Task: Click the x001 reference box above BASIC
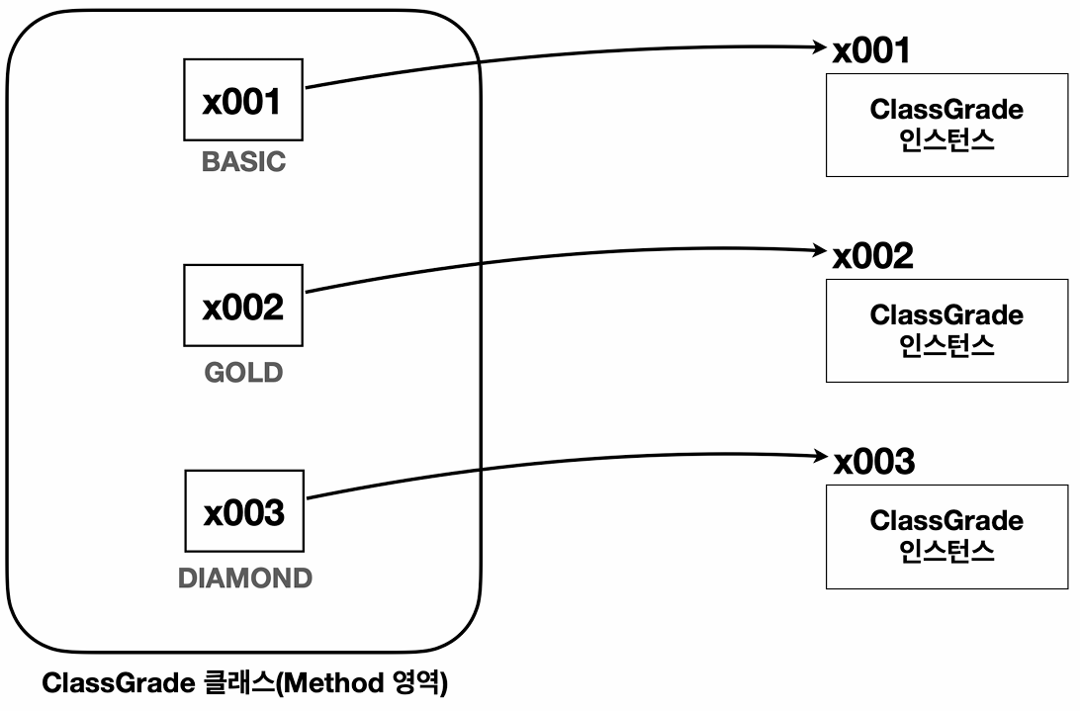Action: [243, 100]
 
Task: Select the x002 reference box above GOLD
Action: [243, 306]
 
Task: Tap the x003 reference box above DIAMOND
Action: [244, 511]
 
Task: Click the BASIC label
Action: [244, 162]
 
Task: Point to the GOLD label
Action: [244, 373]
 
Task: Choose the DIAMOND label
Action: [245, 578]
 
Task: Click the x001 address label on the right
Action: [871, 50]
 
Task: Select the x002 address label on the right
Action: [872, 255]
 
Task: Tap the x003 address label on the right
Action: [874, 461]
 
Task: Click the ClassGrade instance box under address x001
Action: [947, 126]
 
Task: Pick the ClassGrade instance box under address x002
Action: [947, 330]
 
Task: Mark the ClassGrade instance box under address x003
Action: [947, 537]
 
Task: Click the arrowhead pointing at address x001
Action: [820, 46]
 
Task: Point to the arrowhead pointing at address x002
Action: [820, 250]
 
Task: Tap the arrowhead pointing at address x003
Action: [821, 456]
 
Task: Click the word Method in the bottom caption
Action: [334, 683]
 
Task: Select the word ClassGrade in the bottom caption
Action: [119, 683]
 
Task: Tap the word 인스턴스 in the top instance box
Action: [947, 139]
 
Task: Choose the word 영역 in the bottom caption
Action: [416, 683]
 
